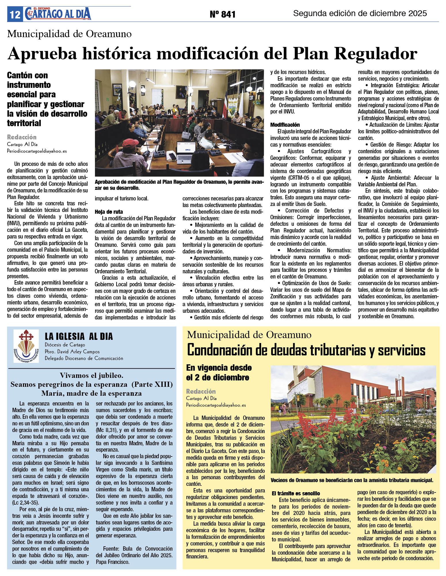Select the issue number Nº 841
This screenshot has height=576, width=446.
point(222,14)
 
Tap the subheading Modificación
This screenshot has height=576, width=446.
point(285,125)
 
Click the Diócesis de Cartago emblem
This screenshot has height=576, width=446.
point(26,346)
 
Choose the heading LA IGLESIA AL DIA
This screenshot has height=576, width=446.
point(79,336)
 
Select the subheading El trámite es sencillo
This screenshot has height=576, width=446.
point(296,493)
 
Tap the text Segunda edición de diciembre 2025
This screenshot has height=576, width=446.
point(360,13)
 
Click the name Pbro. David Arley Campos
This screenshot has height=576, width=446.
point(72,352)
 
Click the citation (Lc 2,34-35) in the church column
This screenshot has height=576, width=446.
point(25,503)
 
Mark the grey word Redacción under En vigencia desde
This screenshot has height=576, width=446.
point(201,391)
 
